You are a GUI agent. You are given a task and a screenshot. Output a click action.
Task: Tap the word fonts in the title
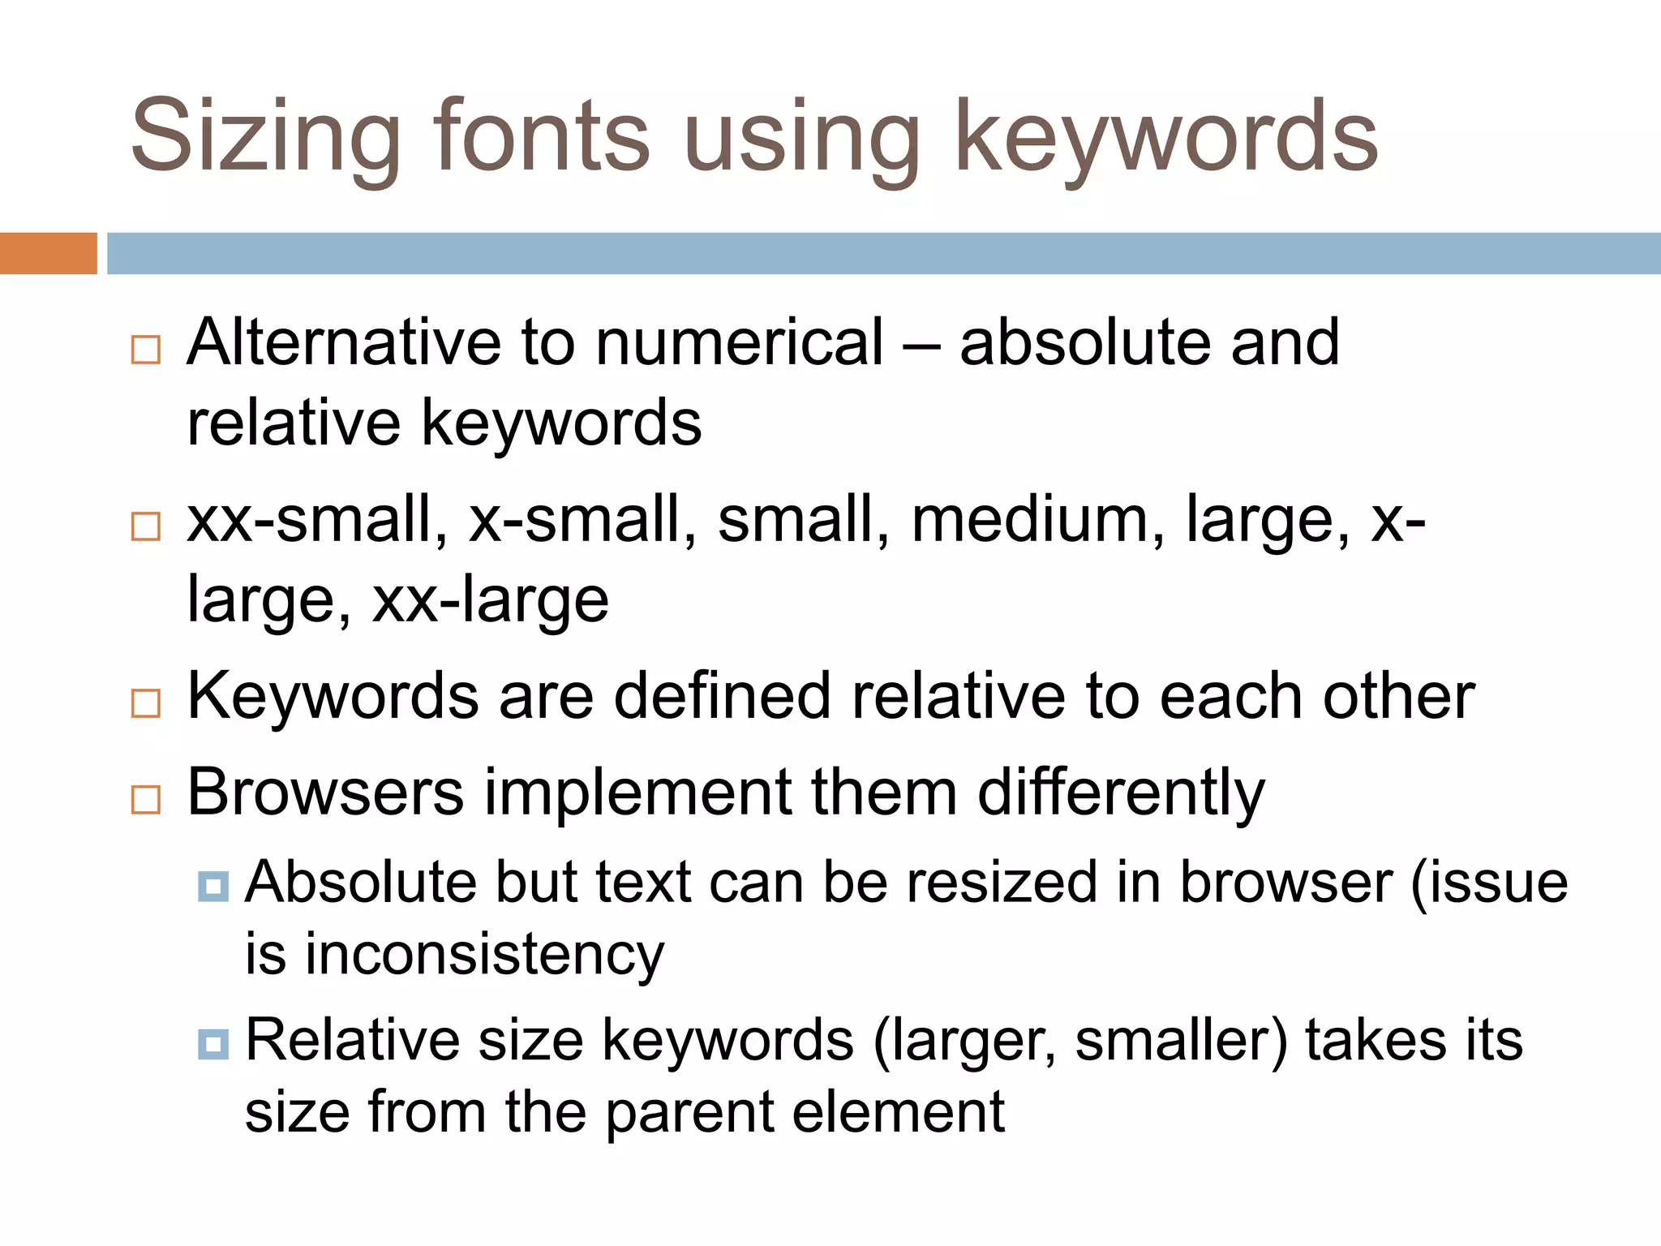[542, 135]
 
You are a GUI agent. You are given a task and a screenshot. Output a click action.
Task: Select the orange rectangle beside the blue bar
[48, 253]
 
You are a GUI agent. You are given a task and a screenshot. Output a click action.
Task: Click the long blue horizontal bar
[883, 253]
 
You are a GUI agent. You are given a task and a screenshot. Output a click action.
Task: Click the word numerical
[739, 342]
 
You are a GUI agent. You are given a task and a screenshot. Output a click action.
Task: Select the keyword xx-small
[317, 519]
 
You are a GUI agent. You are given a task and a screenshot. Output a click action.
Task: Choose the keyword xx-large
[490, 600]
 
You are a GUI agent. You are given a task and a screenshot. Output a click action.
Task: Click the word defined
[723, 696]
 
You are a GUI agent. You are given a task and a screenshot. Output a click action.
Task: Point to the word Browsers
[325, 792]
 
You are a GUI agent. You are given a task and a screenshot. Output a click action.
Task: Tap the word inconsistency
[484, 955]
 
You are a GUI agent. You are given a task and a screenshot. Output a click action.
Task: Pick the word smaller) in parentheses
[1181, 1041]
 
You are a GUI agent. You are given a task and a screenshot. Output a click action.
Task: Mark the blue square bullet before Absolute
[213, 886]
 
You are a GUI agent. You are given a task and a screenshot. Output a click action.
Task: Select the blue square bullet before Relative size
[213, 1043]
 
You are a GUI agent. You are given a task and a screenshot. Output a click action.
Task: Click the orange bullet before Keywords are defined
[146, 702]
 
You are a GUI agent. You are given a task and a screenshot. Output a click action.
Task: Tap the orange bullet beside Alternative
[146, 350]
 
